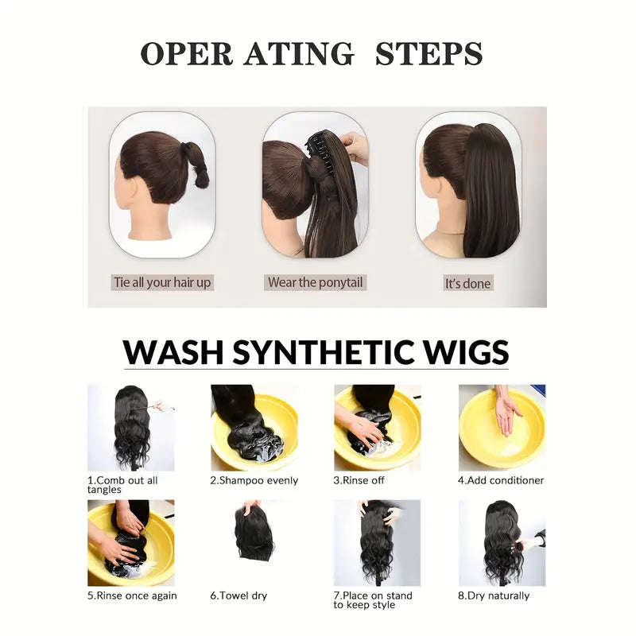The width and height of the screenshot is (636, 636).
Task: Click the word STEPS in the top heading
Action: pyautogui.click(x=429, y=53)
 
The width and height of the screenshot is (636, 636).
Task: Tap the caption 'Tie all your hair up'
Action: pyautogui.click(x=161, y=282)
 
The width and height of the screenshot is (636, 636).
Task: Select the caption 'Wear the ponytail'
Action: pyautogui.click(x=315, y=282)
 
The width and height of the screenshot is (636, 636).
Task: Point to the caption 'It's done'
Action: pyautogui.click(x=467, y=283)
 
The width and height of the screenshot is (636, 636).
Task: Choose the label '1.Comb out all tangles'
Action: pyautogui.click(x=122, y=485)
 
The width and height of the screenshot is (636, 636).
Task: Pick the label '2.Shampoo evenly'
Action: pyautogui.click(x=254, y=480)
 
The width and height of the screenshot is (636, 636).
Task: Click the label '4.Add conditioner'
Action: pyautogui.click(x=500, y=480)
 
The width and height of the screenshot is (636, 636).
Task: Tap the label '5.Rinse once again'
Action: pyautogui.click(x=132, y=595)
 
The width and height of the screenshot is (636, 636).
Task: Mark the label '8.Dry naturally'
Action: pyautogui.click(x=493, y=595)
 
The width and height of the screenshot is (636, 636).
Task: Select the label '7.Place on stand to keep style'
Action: pyautogui.click(x=372, y=600)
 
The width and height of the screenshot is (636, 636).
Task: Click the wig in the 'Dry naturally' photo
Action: pyautogui.click(x=501, y=541)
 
